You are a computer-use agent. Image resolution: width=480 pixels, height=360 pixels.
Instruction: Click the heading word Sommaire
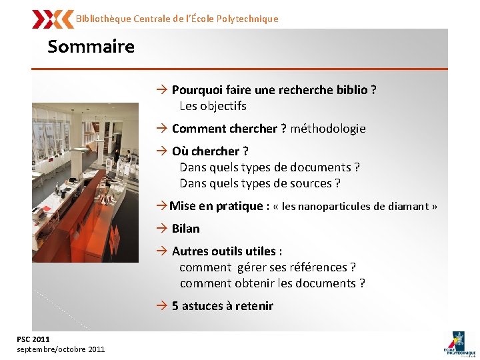click(x=91, y=47)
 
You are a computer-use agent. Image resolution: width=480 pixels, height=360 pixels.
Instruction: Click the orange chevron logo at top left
click(x=53, y=19)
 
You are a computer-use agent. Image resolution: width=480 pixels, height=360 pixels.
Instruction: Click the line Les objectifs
click(x=213, y=106)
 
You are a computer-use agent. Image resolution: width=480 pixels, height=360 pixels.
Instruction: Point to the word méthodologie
click(x=328, y=129)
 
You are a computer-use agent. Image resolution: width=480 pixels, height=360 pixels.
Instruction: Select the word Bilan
click(x=186, y=229)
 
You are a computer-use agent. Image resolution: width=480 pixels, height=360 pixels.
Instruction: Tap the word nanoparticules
click(x=335, y=207)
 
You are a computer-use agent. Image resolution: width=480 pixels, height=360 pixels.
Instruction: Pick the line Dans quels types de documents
click(x=269, y=167)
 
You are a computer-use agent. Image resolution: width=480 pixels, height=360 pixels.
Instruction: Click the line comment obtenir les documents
click(x=272, y=283)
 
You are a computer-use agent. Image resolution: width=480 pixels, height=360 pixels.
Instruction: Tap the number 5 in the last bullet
click(x=175, y=306)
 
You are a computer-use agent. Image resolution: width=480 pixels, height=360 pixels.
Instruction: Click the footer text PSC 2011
click(x=33, y=339)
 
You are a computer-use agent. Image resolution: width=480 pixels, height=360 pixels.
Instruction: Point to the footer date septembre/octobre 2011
click(x=61, y=349)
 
